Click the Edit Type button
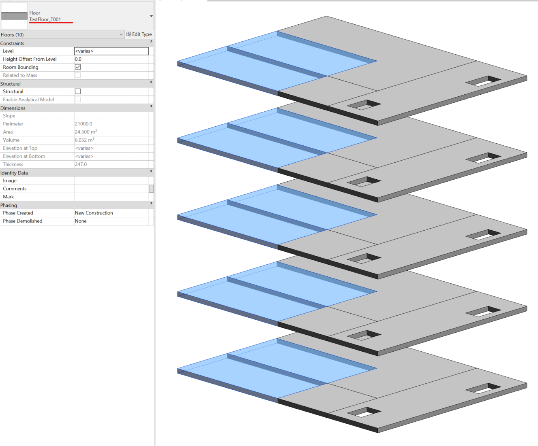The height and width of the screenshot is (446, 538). [x=139, y=34]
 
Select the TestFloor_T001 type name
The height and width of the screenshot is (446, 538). [x=45, y=19]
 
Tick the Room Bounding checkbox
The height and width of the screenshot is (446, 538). [x=78, y=67]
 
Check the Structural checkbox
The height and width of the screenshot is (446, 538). [x=78, y=91]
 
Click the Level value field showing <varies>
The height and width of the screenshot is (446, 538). [x=111, y=51]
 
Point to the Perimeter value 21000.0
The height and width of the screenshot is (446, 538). [x=84, y=124]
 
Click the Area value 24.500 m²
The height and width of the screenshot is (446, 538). [x=86, y=132]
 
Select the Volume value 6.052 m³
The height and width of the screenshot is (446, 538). [x=84, y=140]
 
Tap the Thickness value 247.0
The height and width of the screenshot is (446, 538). [x=81, y=164]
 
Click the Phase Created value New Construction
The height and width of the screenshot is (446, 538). [x=94, y=213]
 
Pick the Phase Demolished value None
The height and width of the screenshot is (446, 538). [x=81, y=221]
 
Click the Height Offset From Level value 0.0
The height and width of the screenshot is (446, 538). [x=78, y=59]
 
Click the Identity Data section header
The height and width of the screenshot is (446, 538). [x=14, y=173]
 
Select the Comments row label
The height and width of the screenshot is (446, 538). [x=15, y=189]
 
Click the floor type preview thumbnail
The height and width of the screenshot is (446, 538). [x=14, y=16]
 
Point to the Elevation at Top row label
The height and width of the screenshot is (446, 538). [x=20, y=148]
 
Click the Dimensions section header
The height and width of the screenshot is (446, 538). [x=13, y=108]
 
